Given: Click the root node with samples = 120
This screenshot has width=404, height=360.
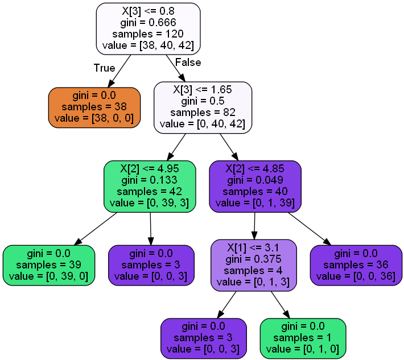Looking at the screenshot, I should click(148, 27).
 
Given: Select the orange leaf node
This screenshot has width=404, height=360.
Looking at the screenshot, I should click(94, 107).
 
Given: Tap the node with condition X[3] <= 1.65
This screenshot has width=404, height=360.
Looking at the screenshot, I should click(203, 106).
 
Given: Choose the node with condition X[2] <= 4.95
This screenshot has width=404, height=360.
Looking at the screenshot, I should click(150, 185).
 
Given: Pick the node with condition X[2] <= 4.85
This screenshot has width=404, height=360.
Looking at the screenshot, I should click(255, 185).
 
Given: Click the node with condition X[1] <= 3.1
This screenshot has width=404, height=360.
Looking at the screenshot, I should click(254, 264).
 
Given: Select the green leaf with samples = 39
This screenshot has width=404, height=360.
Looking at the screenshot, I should click(48, 265).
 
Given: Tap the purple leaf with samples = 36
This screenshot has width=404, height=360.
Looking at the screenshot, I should click(356, 265).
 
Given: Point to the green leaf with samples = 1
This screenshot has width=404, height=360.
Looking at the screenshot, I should click(303, 338).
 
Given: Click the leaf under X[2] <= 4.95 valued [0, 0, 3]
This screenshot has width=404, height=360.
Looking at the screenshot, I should click(151, 265).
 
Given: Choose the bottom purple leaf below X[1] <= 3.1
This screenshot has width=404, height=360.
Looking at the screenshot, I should click(204, 338).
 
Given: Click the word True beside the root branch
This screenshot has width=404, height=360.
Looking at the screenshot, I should click(104, 68).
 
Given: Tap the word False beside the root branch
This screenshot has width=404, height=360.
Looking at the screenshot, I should click(188, 62).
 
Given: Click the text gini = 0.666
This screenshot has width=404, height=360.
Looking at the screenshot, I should click(148, 22).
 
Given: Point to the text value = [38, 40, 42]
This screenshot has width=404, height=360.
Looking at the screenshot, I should click(148, 45).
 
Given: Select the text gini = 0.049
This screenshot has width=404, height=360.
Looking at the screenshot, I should click(255, 180).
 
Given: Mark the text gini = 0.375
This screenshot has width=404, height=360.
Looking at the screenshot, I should click(254, 259).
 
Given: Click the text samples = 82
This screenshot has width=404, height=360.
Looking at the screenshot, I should click(203, 112).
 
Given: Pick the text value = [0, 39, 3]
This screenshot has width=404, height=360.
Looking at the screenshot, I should click(150, 202).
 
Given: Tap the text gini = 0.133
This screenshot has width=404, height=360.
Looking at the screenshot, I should click(150, 180).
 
